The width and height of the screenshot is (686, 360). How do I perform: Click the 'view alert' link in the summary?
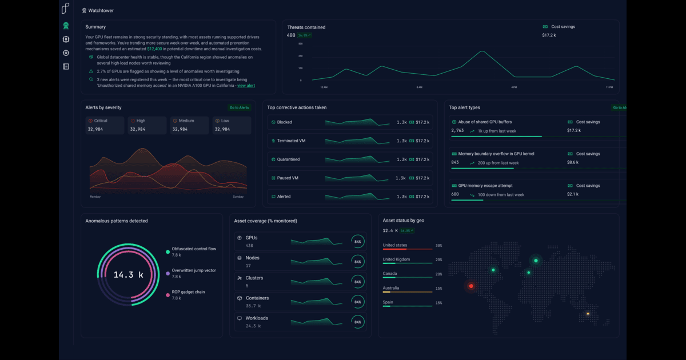[246, 86]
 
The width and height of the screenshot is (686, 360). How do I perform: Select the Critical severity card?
[104, 125]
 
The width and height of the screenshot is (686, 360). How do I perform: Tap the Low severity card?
[231, 125]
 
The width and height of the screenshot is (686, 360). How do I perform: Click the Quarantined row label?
[288, 159]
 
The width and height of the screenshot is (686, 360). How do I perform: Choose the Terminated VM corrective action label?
[291, 141]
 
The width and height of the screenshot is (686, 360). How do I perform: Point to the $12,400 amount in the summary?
[155, 49]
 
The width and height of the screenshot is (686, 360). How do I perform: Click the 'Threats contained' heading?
[306, 27]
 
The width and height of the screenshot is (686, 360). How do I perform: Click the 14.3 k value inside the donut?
[128, 275]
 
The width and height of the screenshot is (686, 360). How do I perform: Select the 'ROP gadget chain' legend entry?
[188, 292]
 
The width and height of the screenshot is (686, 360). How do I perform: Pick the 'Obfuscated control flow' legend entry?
[194, 249]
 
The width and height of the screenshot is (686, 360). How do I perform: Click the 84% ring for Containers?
[358, 302]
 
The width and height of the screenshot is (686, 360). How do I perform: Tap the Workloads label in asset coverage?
[257, 318]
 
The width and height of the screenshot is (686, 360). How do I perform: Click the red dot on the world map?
[471, 286]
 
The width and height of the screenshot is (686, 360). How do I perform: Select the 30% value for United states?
[438, 246]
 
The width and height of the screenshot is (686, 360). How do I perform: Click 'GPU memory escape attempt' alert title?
[485, 186]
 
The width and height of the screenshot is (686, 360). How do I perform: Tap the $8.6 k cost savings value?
[573, 162]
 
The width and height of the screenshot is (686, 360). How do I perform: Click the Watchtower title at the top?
[100, 10]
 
